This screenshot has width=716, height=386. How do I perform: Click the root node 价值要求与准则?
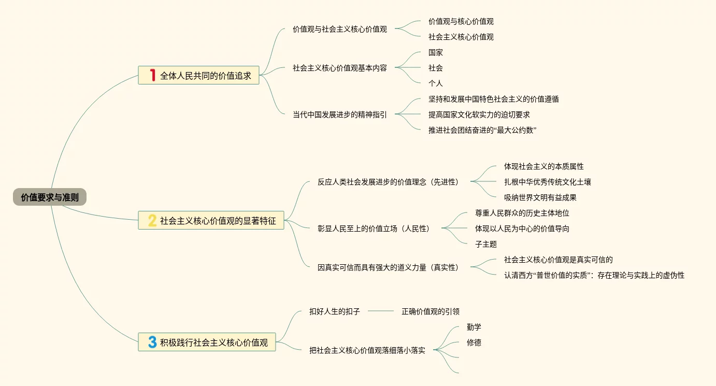click(50, 197)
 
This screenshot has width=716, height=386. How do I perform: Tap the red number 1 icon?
click(152, 75)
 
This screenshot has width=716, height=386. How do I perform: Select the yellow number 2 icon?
click(152, 221)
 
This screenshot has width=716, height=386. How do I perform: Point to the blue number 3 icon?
click(152, 342)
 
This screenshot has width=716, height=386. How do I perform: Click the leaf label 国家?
click(435, 52)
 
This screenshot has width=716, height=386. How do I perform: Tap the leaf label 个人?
click(435, 83)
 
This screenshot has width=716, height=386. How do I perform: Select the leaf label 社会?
click(435, 68)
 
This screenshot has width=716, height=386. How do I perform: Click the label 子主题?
click(485, 244)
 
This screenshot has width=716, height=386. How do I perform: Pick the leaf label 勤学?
click(474, 327)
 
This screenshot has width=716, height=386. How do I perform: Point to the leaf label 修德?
click(474, 342)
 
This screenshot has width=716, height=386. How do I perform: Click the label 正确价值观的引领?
click(430, 311)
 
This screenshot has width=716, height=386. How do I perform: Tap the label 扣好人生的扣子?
click(334, 311)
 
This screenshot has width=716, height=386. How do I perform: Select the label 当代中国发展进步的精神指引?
click(339, 115)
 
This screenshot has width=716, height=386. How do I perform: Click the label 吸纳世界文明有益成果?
click(540, 197)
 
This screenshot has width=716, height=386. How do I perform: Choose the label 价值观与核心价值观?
click(461, 21)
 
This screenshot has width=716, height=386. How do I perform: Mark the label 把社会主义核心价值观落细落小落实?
click(367, 350)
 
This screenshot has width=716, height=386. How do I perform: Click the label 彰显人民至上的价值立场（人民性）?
click(374, 228)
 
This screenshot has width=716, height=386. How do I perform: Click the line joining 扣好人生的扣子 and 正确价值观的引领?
click(381, 311)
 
